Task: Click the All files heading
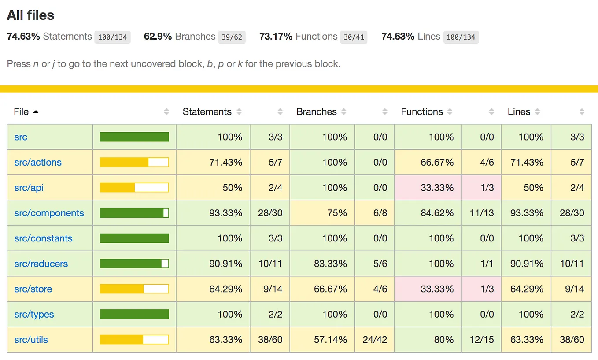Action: (30, 15)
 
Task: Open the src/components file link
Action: (49, 213)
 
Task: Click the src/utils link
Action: (31, 340)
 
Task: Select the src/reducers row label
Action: (41, 264)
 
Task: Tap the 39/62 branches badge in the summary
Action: (232, 37)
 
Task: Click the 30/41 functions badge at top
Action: (354, 37)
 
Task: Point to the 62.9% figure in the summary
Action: (158, 36)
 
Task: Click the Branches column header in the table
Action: (316, 111)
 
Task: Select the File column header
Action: (21, 111)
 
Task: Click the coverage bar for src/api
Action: (134, 187)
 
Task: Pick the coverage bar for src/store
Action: (134, 289)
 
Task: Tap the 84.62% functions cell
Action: (437, 213)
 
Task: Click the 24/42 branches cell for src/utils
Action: (375, 340)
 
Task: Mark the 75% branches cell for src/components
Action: (337, 213)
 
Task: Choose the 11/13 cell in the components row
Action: (482, 213)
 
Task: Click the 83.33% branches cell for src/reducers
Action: (330, 264)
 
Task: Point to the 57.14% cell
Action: (330, 340)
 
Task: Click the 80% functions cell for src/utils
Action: (444, 340)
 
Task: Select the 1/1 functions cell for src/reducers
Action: (487, 264)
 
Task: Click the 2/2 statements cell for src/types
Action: (276, 314)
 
